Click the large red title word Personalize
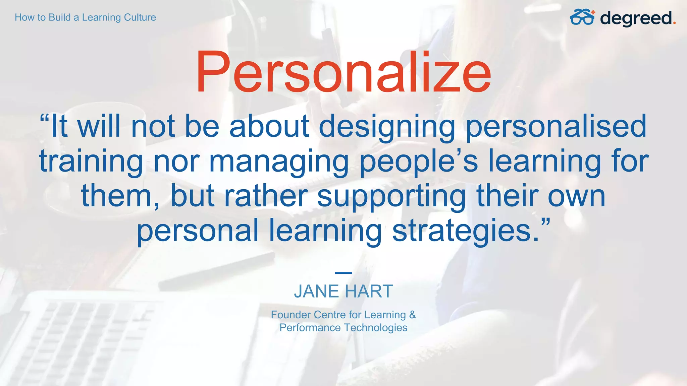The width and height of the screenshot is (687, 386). [x=343, y=72]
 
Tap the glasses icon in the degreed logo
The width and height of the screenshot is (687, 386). [x=582, y=17]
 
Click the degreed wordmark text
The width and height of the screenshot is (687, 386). [x=636, y=18]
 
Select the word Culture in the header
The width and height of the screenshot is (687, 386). [x=140, y=17]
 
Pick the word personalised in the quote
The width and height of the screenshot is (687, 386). [x=556, y=127]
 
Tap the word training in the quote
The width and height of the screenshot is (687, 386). [x=91, y=162]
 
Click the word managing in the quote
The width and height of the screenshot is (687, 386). [x=279, y=162]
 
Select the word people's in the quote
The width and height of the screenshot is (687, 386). [x=419, y=162]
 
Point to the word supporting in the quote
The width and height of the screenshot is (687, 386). [x=391, y=197]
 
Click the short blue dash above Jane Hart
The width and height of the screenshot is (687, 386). [x=343, y=273]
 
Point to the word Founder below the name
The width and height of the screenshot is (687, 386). [x=290, y=315]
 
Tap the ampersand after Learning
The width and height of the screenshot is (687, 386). [x=412, y=315]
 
